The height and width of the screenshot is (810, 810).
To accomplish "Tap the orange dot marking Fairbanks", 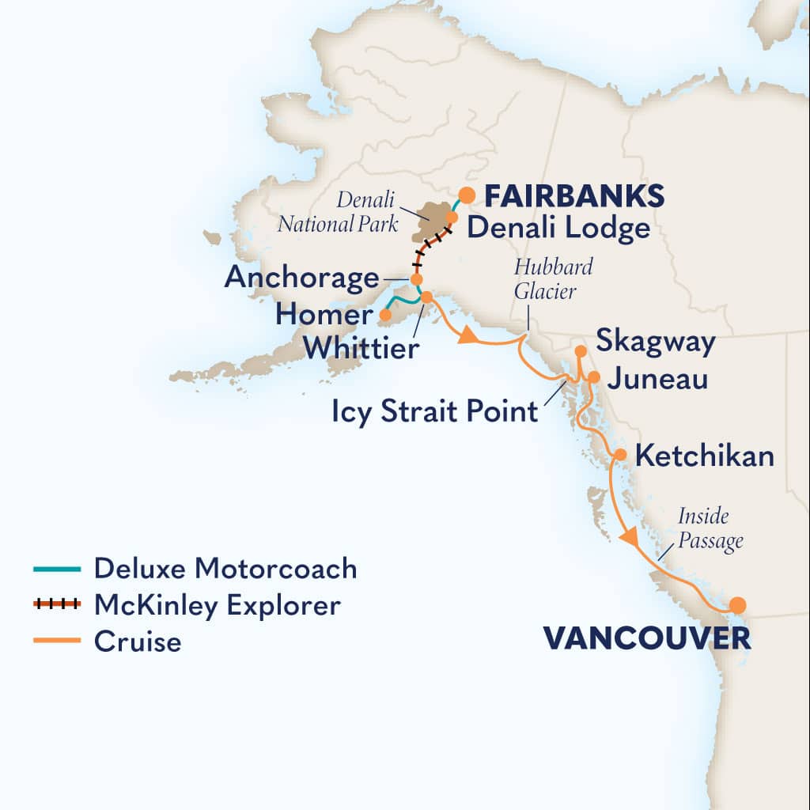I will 467,194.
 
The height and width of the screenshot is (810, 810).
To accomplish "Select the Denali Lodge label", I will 558,229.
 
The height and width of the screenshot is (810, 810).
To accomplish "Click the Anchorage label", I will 301,278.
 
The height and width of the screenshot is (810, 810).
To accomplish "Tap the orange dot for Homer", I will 385,315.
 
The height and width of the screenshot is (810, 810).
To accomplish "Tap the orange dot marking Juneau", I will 594,377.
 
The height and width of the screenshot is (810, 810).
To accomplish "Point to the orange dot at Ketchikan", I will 621,455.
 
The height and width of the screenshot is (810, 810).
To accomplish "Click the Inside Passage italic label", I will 710,529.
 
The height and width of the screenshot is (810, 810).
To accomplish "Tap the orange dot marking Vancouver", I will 737,606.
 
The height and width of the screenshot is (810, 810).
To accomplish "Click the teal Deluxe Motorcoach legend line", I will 57,569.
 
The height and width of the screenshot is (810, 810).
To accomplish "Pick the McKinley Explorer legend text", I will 217,605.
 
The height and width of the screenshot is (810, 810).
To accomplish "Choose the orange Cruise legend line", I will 57,640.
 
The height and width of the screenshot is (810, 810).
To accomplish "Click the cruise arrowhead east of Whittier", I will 467,337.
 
